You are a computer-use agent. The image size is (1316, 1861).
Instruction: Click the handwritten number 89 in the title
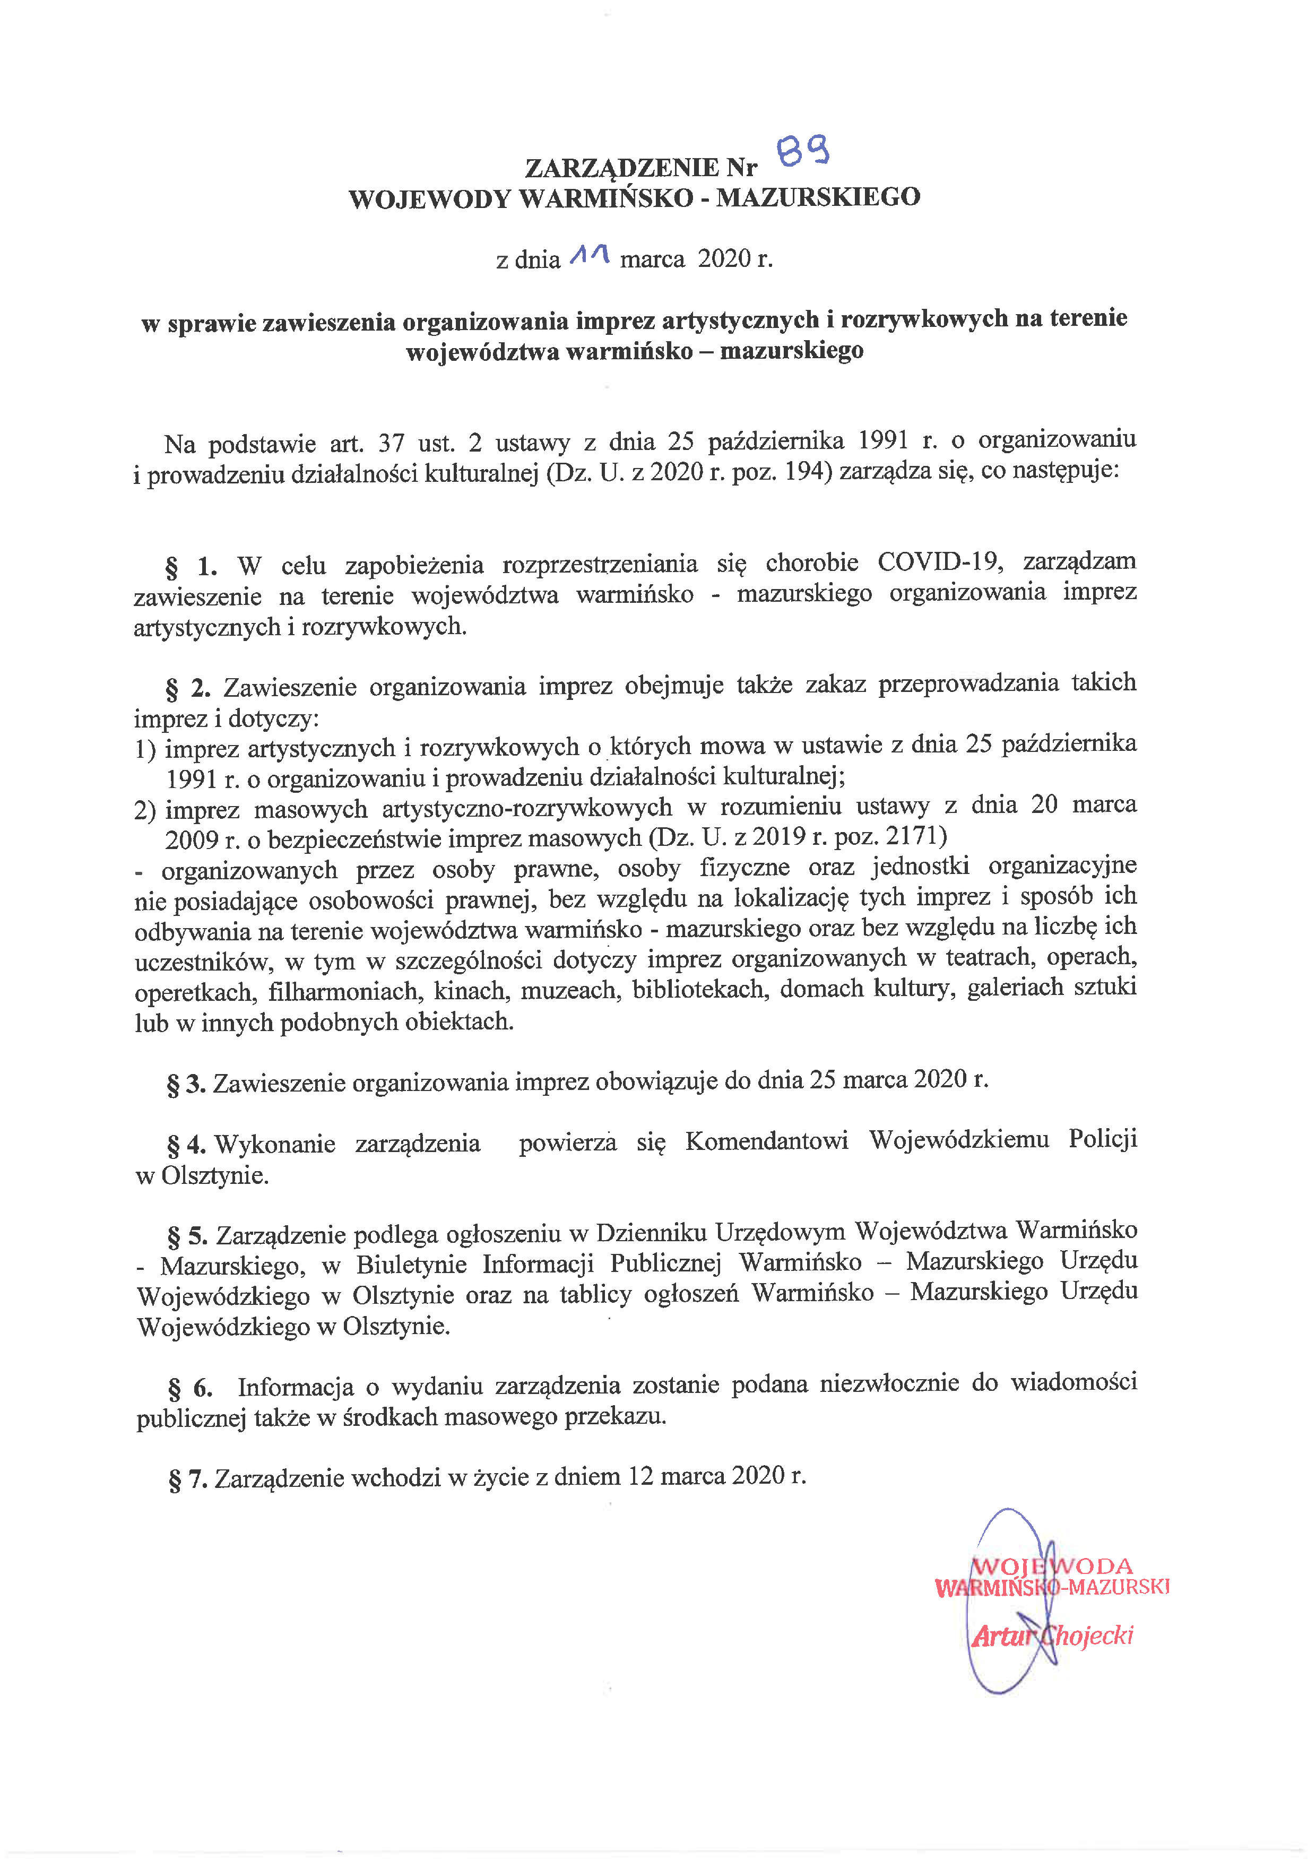pyautogui.click(x=802, y=151)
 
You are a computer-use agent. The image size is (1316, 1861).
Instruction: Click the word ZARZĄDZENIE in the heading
pyautogui.click(x=621, y=168)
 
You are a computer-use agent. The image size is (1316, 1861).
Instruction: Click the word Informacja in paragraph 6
pyautogui.click(x=295, y=1387)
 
